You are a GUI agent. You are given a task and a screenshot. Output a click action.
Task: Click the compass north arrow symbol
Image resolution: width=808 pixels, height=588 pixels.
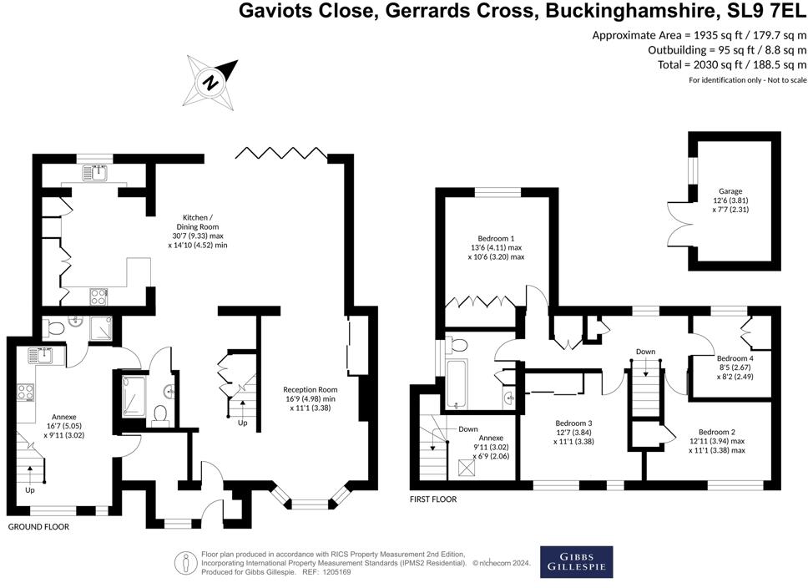(x=210, y=82)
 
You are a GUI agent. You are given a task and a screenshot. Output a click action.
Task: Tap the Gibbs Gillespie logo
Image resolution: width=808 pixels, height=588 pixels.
(x=576, y=562)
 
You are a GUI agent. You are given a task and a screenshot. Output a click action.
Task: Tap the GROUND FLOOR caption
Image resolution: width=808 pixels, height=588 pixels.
(x=38, y=527)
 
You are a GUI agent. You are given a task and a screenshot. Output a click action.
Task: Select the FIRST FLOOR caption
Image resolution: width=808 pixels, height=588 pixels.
(x=433, y=499)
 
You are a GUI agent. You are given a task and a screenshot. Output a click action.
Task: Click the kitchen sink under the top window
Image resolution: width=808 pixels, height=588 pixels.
(x=94, y=172)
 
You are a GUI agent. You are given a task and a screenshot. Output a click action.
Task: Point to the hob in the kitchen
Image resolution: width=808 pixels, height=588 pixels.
(x=99, y=296)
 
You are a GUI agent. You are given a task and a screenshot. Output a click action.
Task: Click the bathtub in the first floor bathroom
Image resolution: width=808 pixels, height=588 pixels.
(x=456, y=383)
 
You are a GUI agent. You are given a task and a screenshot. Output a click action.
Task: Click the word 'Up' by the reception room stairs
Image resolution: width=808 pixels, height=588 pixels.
(x=242, y=423)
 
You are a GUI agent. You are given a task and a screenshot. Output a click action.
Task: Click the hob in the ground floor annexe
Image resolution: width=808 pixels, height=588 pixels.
(x=26, y=393)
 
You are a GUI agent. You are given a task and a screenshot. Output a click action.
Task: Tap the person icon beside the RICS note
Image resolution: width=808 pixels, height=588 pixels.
(x=186, y=563)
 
